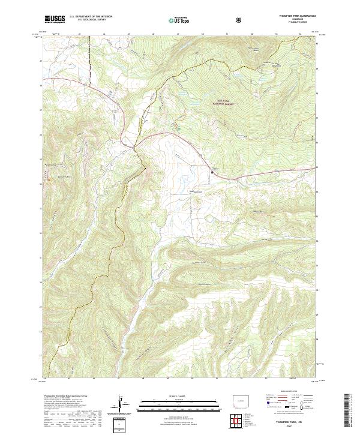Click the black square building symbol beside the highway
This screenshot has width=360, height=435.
pyautogui.click(x=211, y=173)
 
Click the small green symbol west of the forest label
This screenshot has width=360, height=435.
pyautogui.click(x=178, y=128)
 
